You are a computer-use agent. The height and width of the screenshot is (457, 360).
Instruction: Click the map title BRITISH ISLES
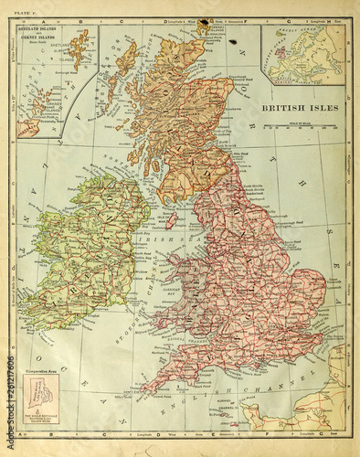[x=300, y=107]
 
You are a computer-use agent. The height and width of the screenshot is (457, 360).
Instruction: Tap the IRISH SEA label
[x=171, y=239]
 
